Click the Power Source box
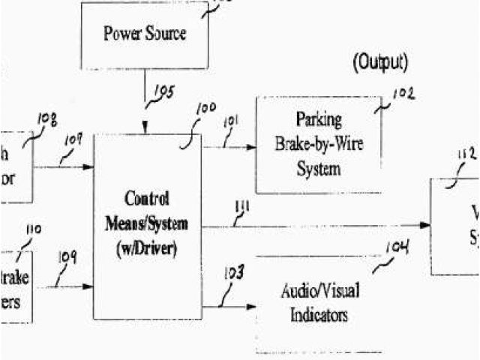pyautogui.click(x=145, y=34)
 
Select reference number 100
pyautogui.click(x=205, y=110)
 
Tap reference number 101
pyautogui.click(x=232, y=120)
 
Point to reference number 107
pyautogui.click(x=73, y=140)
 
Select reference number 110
pyautogui.click(x=34, y=229)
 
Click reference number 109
pyautogui.click(x=67, y=258)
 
